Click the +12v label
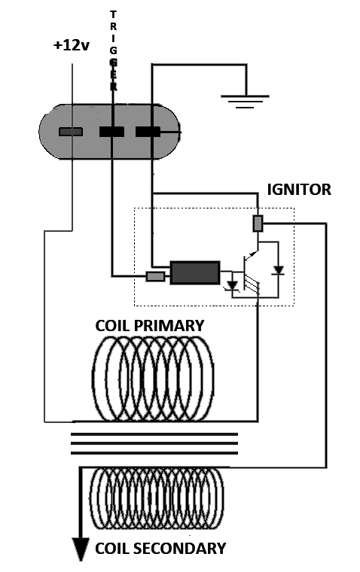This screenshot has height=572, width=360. [x=72, y=45]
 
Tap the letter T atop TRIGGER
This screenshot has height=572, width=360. [x=113, y=14]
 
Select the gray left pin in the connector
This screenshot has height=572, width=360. [x=71, y=132]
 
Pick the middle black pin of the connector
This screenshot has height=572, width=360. [x=111, y=132]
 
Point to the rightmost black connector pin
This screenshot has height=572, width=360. [x=148, y=132]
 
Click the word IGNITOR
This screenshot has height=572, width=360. [x=299, y=190]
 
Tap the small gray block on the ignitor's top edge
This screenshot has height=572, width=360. [x=258, y=224]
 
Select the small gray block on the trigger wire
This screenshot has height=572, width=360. [x=156, y=276]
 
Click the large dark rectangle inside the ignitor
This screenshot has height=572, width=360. [x=195, y=272]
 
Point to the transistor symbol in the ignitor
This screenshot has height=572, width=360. [x=250, y=272]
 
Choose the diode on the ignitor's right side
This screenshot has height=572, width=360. [x=279, y=270]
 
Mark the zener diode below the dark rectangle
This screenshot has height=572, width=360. [x=232, y=285]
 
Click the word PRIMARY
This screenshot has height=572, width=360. [x=169, y=325]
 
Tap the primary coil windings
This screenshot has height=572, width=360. [x=153, y=379]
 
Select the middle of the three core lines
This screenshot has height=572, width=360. [x=154, y=443]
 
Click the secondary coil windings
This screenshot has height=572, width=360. [x=156, y=498]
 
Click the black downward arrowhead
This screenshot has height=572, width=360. [x=81, y=549]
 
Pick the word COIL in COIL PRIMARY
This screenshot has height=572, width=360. [x=113, y=325]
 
